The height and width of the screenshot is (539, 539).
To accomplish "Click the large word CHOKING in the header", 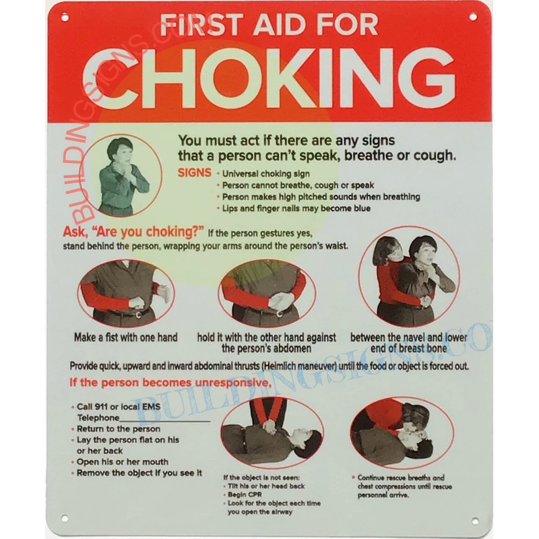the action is pyautogui.click(x=269, y=78).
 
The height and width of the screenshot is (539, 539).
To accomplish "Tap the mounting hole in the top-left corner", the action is pyautogui.click(x=65, y=17).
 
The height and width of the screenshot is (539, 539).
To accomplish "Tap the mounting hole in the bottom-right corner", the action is pyautogui.click(x=475, y=521).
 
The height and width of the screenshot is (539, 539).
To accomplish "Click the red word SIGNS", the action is pyautogui.click(x=195, y=172).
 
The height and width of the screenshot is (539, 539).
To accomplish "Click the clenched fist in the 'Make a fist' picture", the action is pyautogui.click(x=136, y=303).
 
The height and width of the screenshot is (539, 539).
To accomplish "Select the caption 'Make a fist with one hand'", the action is pyautogui.click(x=126, y=338).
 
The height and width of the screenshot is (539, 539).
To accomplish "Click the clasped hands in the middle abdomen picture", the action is pyautogui.click(x=281, y=300).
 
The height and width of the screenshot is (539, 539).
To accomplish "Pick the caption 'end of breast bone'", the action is pyautogui.click(x=409, y=348).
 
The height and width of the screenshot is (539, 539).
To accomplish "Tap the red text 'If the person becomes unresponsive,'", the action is pyautogui.click(x=170, y=382).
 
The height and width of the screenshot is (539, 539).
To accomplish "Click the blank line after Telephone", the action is pyautogui.click(x=165, y=420).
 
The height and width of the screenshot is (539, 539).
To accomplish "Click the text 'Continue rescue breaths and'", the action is pyautogui.click(x=401, y=478).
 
